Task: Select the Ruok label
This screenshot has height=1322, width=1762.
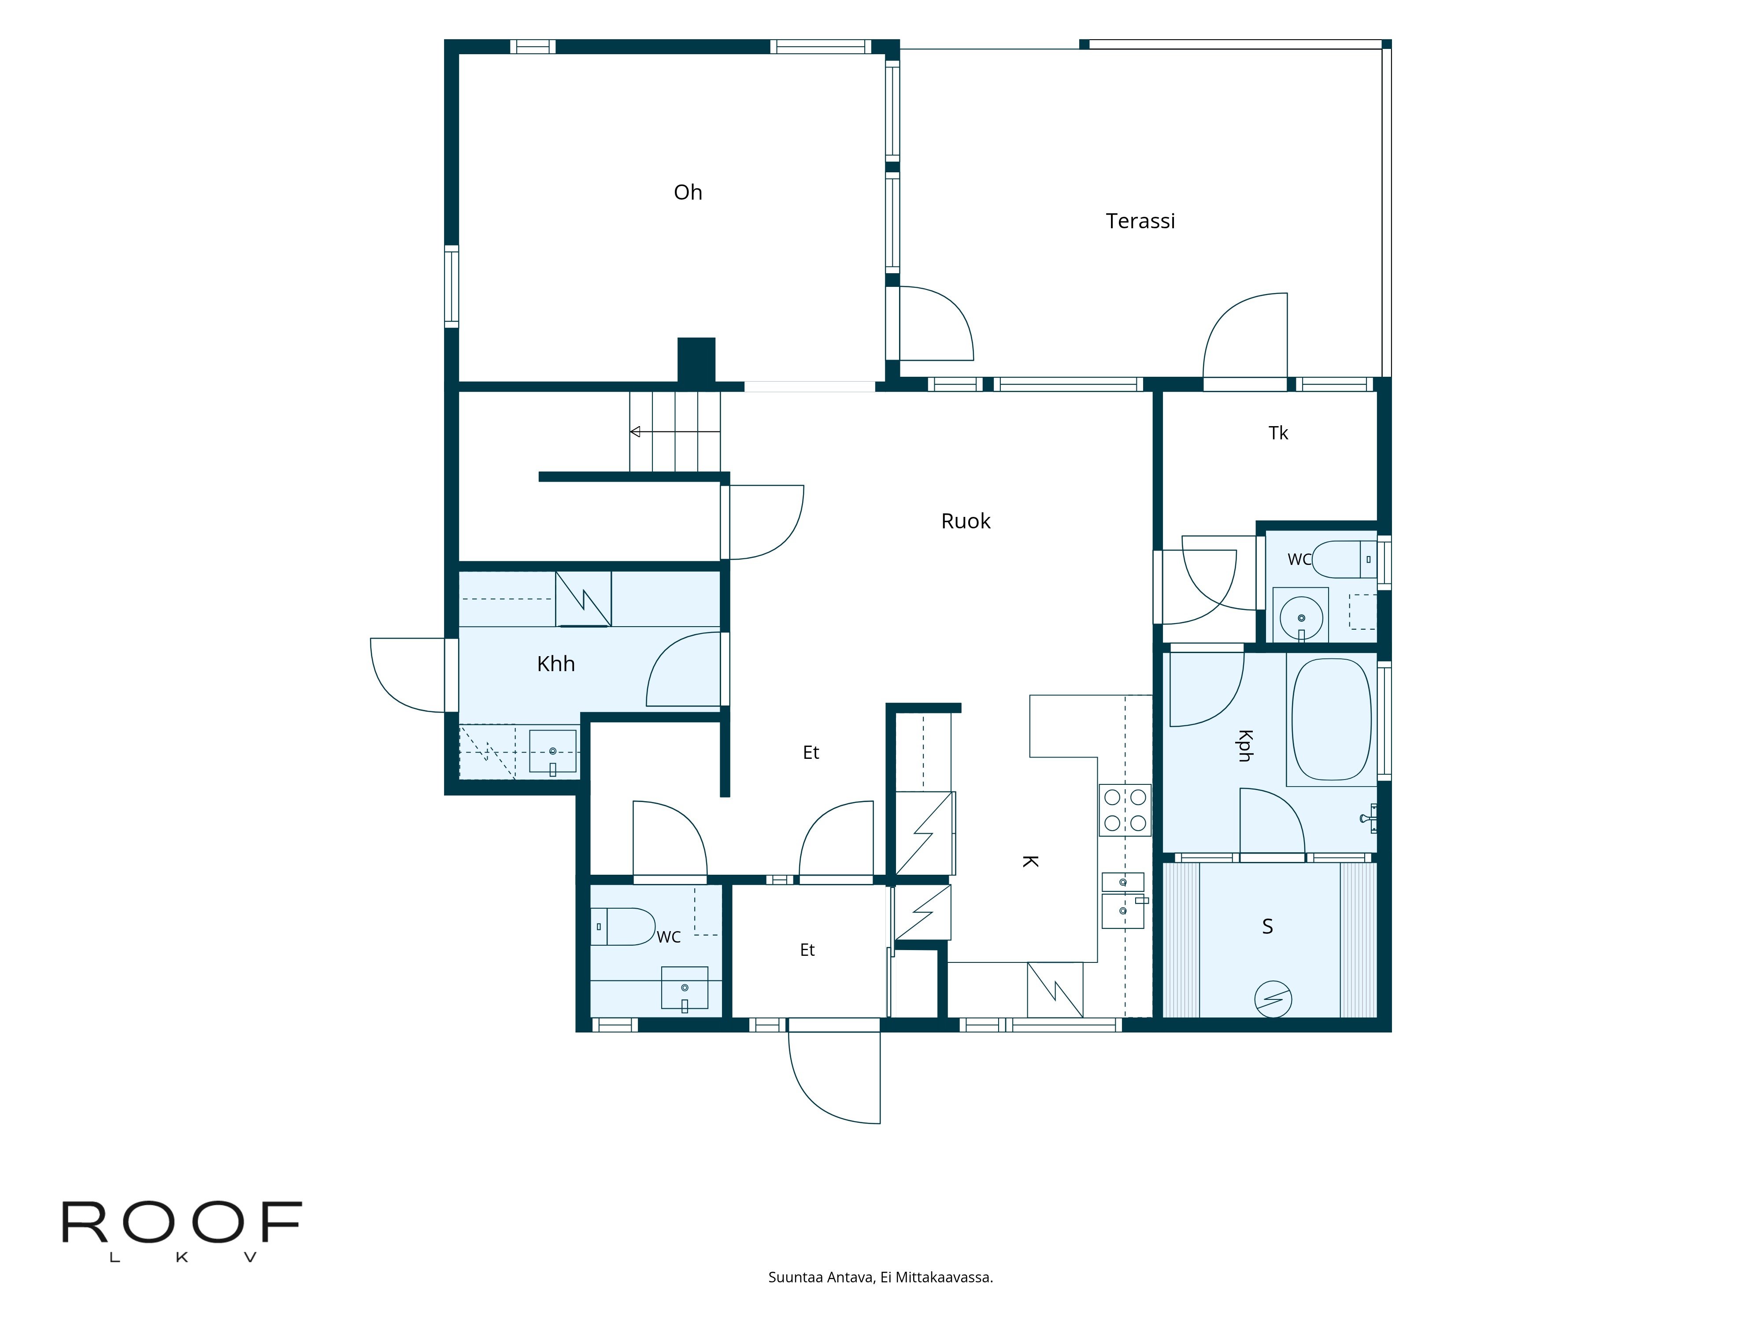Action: click(x=966, y=521)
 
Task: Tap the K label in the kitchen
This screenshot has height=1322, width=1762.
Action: click(x=1030, y=862)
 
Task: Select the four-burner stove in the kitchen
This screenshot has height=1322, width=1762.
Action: click(x=1125, y=810)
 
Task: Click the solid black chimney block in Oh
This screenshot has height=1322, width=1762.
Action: click(x=696, y=360)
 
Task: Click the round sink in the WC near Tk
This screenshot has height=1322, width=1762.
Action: click(x=1302, y=617)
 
